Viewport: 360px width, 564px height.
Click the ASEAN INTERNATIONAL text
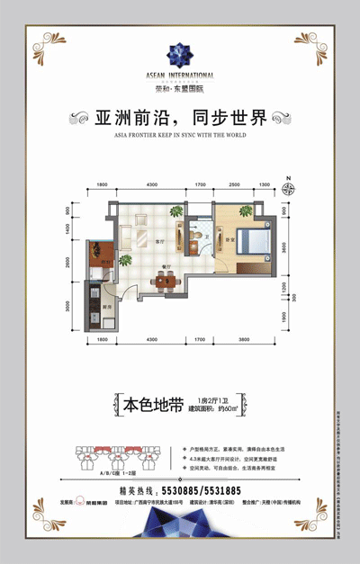tap(180, 74)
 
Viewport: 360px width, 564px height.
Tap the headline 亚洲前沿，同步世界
tap(180, 119)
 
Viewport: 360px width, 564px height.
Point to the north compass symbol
tap(291, 187)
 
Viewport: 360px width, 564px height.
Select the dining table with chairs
tap(165, 281)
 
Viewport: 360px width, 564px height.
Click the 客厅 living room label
tap(158, 244)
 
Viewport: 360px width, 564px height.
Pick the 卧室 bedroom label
tap(229, 240)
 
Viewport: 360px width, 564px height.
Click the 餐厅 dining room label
tap(166, 267)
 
